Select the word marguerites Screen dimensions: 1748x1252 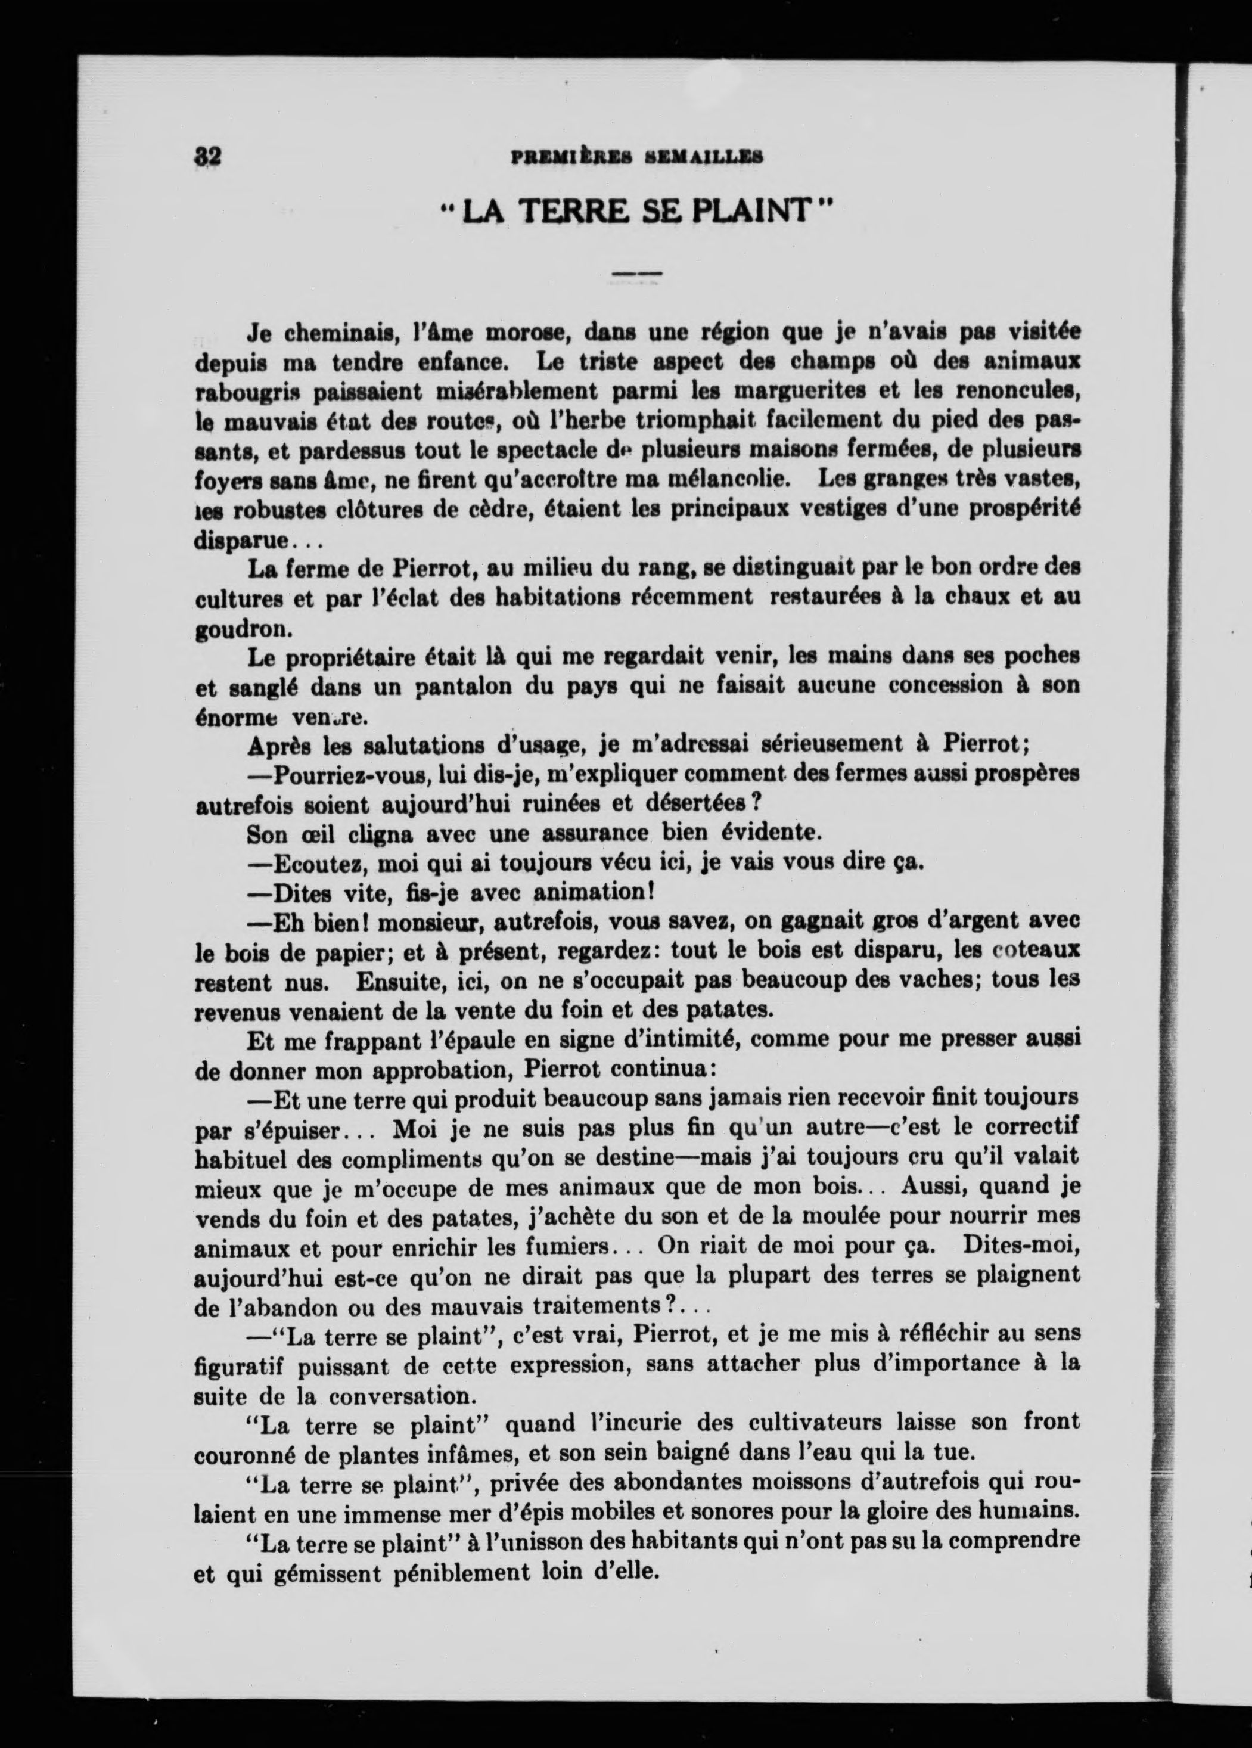coord(801,392)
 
